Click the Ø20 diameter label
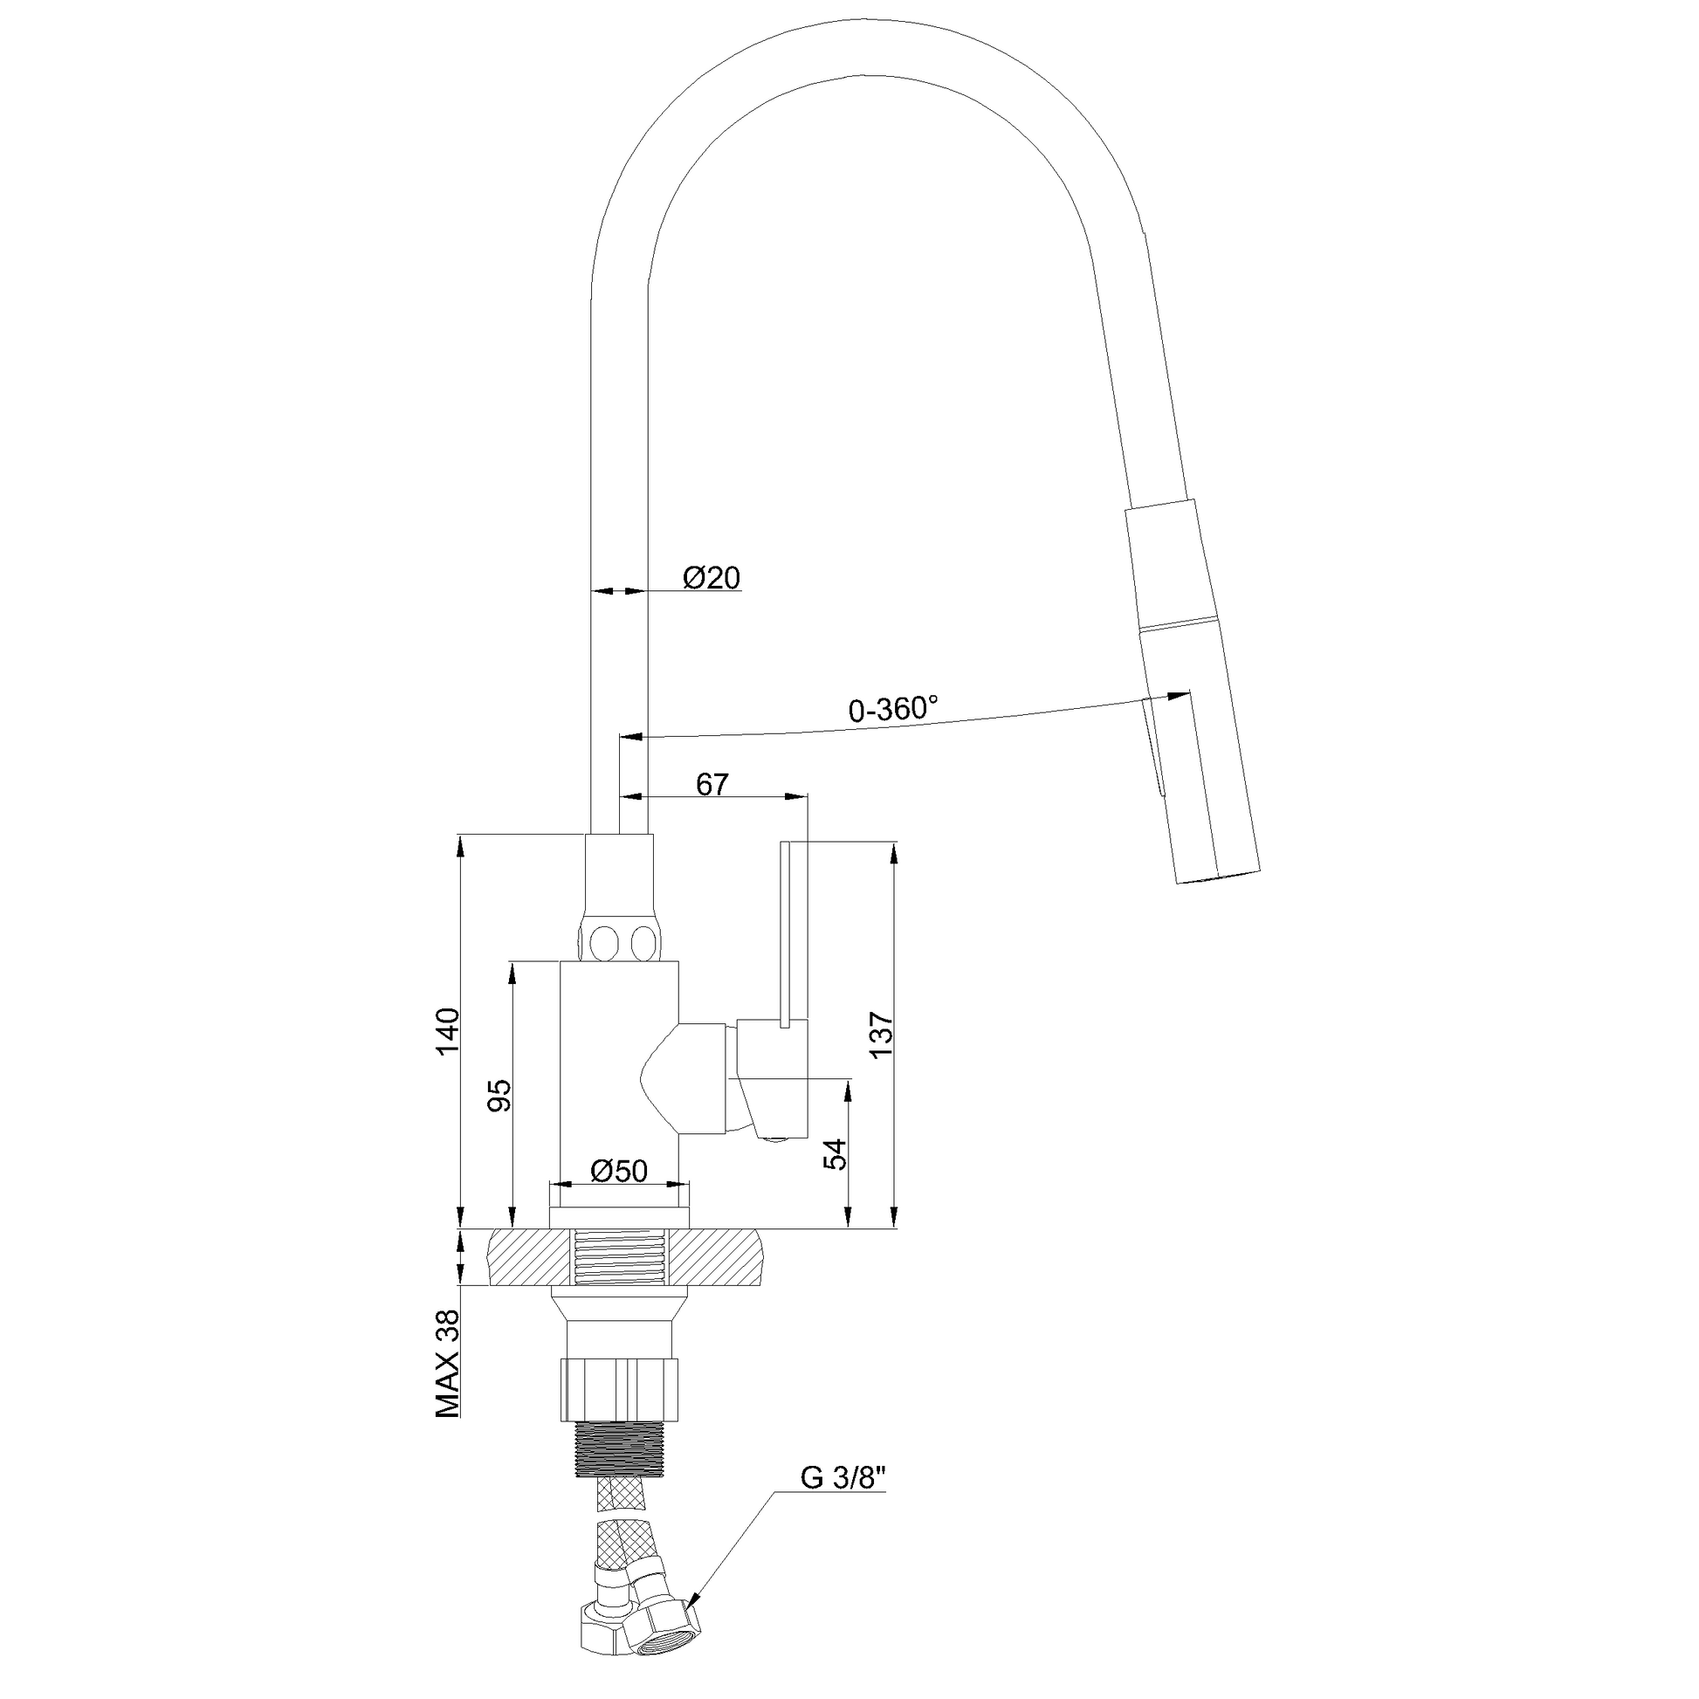click(x=712, y=578)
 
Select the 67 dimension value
click(x=712, y=784)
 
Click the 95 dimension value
click(x=499, y=1095)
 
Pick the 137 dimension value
click(x=881, y=1035)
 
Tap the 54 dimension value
click(x=836, y=1152)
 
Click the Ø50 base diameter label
click(x=619, y=1171)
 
